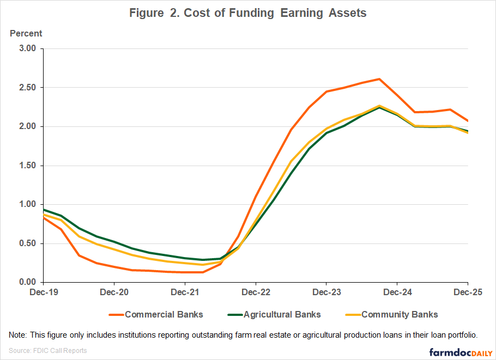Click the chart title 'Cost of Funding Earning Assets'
(247, 13)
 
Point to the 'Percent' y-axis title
(26, 33)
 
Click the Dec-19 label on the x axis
(43, 292)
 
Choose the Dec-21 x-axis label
(185, 292)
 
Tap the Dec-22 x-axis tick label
(256, 292)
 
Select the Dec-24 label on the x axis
(397, 292)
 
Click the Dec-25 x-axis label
(468, 292)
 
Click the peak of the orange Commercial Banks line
(379, 79)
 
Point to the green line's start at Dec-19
(43, 210)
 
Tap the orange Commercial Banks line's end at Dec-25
(468, 121)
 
